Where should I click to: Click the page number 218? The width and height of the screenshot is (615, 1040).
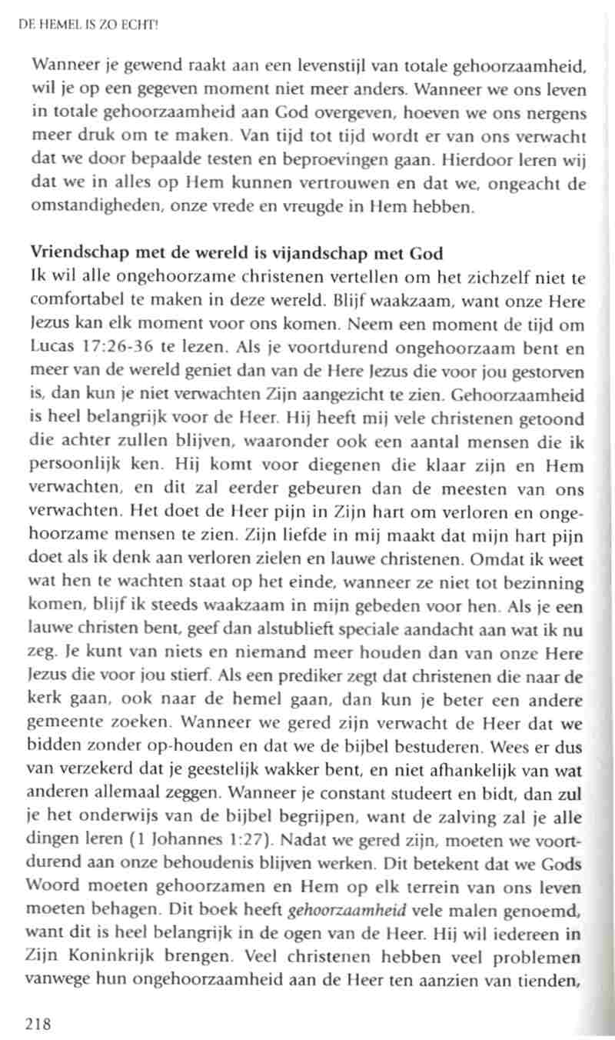pyautogui.click(x=38, y=1022)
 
